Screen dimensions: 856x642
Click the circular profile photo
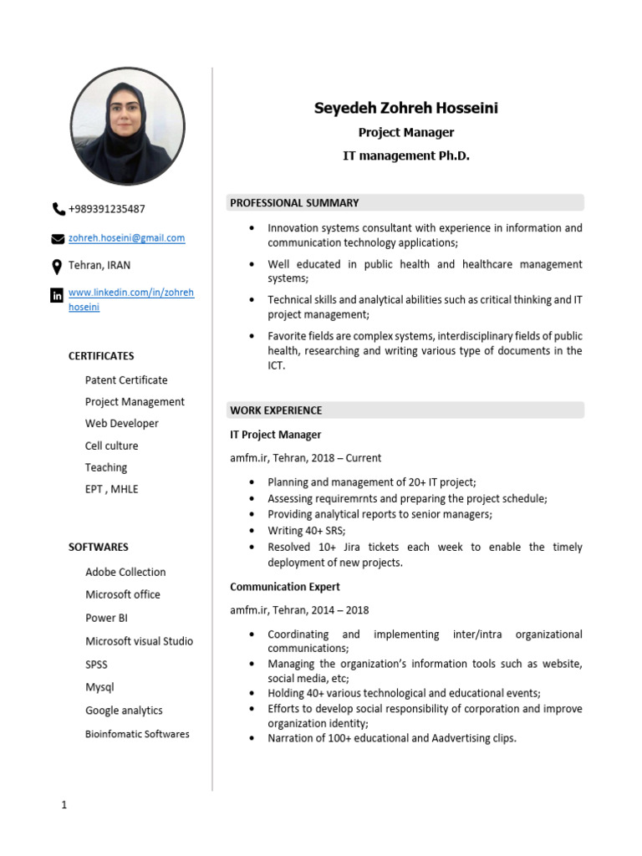pyautogui.click(x=127, y=126)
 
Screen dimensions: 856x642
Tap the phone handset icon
pyautogui.click(x=58, y=209)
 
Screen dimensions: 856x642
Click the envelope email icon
pyautogui.click(x=58, y=238)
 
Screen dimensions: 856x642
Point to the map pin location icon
pyautogui.click(x=57, y=267)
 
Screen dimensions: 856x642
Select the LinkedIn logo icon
pyautogui.click(x=57, y=295)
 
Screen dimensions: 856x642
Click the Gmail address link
pyautogui.click(x=126, y=238)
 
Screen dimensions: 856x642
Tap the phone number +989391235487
pyautogui.click(x=107, y=209)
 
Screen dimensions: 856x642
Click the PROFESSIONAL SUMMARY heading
pyautogui.click(x=294, y=202)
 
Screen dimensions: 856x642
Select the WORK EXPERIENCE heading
pyautogui.click(x=276, y=410)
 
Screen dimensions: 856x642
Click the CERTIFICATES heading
pyautogui.click(x=101, y=356)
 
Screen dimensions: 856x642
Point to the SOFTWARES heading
pyautogui.click(x=99, y=548)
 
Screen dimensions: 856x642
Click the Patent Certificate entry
pyautogui.click(x=126, y=380)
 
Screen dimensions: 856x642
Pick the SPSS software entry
pyautogui.click(x=96, y=665)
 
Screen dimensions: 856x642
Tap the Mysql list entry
pyautogui.click(x=99, y=687)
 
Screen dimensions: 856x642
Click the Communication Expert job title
pyautogui.click(x=285, y=587)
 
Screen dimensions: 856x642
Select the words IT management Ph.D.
pyautogui.click(x=406, y=155)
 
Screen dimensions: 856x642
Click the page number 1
pyautogui.click(x=64, y=806)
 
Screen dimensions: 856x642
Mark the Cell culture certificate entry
pyautogui.click(x=111, y=446)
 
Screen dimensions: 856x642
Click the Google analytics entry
pyautogui.click(x=124, y=711)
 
